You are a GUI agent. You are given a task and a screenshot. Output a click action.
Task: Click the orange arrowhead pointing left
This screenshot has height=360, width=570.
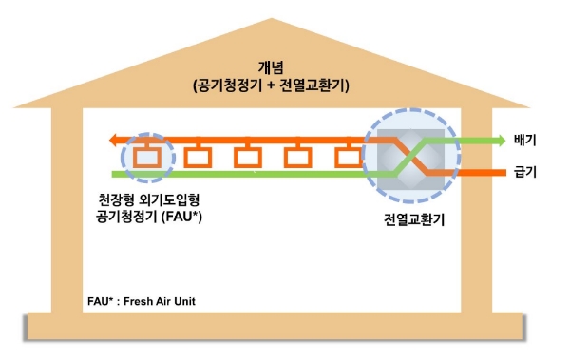[x=115, y=142]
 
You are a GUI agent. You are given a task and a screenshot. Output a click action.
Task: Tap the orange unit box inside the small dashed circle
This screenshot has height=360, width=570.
[x=148, y=156]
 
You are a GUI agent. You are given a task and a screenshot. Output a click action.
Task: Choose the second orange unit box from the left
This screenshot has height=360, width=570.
[x=199, y=156]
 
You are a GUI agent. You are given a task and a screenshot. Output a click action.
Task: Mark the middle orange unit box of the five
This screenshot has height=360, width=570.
[x=249, y=156]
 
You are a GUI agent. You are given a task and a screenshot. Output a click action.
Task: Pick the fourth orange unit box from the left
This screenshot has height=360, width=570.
[x=299, y=156]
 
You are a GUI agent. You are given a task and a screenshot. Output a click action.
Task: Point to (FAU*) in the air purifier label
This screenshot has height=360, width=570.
[x=187, y=219]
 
